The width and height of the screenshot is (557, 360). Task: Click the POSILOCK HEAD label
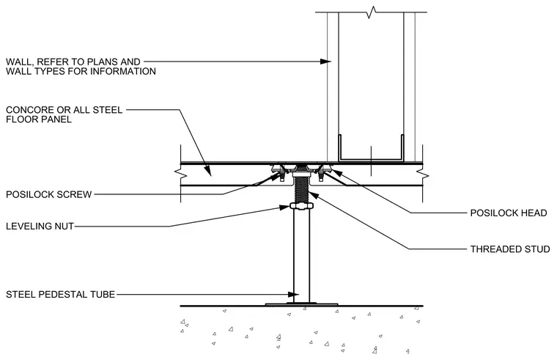point(509,213)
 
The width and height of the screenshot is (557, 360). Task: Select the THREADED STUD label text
point(510,249)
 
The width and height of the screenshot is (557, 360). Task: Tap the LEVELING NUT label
point(40,226)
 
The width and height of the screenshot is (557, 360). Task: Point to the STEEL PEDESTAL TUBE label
point(60,294)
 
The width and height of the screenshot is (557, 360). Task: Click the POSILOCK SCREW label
point(49,194)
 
